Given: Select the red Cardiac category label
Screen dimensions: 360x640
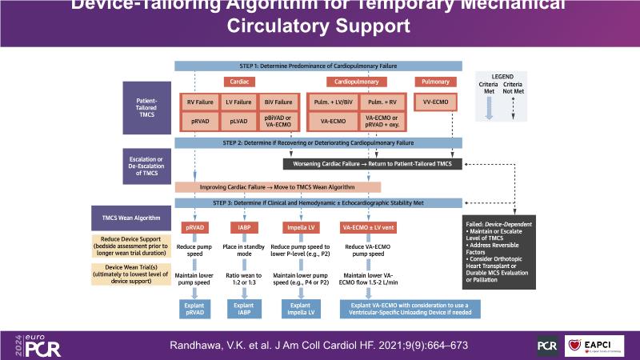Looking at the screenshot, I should click(x=238, y=82).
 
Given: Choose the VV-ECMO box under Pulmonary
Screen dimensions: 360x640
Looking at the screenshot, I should click(x=434, y=102).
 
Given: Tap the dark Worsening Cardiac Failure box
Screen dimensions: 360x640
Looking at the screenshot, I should click(x=373, y=164).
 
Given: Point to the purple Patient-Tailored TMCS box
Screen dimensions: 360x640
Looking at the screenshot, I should click(x=146, y=108).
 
